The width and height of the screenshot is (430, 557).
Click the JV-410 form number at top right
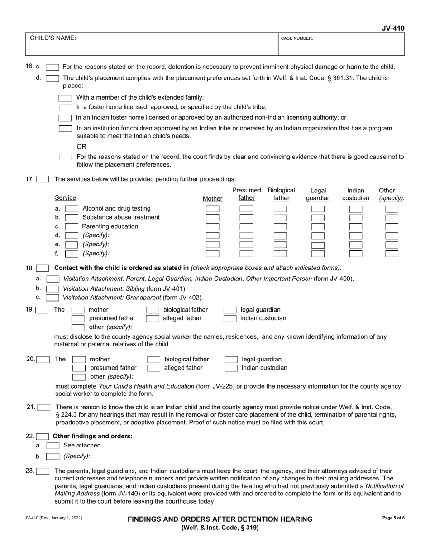click(393, 29)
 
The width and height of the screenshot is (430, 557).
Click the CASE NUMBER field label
click(297, 38)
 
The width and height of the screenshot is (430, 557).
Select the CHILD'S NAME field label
click(53, 38)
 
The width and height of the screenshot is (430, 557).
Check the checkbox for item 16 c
click(53, 67)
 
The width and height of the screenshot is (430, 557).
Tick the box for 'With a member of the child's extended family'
click(66, 98)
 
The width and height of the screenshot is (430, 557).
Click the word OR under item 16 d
click(81, 147)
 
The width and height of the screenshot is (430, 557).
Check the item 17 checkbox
click(43, 179)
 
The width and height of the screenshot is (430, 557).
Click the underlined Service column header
click(66, 198)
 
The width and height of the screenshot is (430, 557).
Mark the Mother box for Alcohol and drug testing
click(213, 209)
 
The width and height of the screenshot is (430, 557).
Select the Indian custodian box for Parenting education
click(356, 226)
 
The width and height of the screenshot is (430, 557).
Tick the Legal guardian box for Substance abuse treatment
click(318, 218)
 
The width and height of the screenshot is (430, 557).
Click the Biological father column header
click(281, 194)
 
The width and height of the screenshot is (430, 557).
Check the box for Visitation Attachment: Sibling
click(53, 288)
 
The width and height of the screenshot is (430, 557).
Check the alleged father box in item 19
click(153, 318)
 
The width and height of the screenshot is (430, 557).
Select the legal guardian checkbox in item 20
click(231, 360)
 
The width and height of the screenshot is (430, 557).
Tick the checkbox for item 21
click(44, 408)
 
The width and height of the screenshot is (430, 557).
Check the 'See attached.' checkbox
click(53, 446)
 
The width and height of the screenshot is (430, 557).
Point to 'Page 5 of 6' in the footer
click(393, 518)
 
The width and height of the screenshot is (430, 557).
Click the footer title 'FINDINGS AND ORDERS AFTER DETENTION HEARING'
click(220, 519)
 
